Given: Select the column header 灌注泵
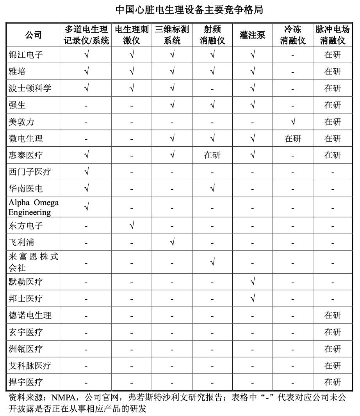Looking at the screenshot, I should [252, 35].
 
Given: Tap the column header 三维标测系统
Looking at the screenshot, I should [172, 35].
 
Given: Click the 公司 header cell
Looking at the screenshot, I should [34, 35].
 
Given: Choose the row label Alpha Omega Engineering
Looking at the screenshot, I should [34, 207].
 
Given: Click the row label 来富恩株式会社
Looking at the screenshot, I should [34, 262].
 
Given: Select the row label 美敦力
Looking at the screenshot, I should [21, 122].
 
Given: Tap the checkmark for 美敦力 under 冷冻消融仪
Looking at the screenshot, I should [293, 122].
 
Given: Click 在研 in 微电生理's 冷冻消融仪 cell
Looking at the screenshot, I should [293, 139].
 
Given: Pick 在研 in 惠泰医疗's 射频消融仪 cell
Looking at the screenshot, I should [212, 155].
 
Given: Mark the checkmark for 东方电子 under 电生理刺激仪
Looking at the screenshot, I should [132, 225].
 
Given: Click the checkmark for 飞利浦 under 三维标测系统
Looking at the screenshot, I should [172, 242].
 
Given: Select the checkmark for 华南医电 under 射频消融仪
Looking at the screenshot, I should [212, 188].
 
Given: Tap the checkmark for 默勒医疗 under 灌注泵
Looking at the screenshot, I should [253, 281].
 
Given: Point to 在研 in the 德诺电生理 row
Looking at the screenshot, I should [333, 315].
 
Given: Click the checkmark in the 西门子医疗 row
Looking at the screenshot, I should [86, 172].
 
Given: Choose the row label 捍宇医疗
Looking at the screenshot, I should [26, 382].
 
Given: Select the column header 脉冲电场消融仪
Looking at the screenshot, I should [333, 35].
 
